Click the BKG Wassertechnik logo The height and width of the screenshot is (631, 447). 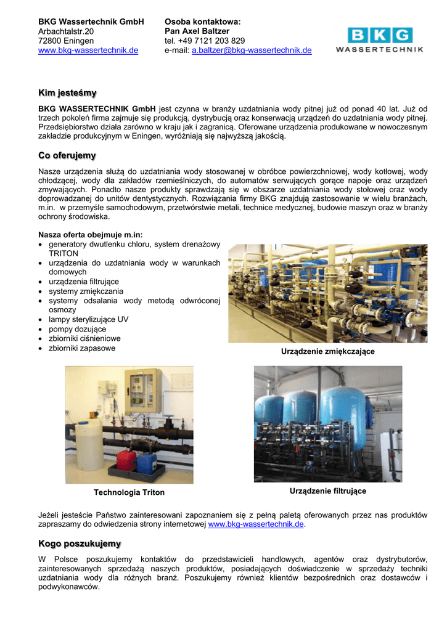pyautogui.click(x=379, y=40)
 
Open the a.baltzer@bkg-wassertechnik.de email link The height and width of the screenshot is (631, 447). pyautogui.click(x=252, y=51)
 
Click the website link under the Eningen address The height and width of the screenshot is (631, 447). pyautogui.click(x=88, y=51)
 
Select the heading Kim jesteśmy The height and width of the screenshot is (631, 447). pyautogui.click(x=67, y=93)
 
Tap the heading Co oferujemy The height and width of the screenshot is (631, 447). pyautogui.click(x=67, y=155)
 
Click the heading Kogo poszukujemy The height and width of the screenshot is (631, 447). pyautogui.click(x=80, y=543)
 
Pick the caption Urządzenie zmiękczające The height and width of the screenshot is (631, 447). pyautogui.click(x=328, y=351)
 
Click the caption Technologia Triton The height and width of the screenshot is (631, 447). pyautogui.click(x=129, y=492)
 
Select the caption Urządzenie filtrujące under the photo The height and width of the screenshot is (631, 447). pyautogui.click(x=328, y=491)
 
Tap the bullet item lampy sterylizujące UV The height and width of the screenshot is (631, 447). pyautogui.click(x=89, y=319)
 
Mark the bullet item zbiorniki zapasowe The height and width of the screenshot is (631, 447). pyautogui.click(x=82, y=348)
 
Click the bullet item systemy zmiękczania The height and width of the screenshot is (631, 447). pyautogui.click(x=86, y=291)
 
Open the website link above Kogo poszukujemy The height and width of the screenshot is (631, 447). pyautogui.click(x=256, y=524)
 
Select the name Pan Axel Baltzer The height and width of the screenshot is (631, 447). pyautogui.click(x=197, y=31)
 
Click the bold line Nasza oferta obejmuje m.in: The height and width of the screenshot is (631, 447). pyautogui.click(x=90, y=235)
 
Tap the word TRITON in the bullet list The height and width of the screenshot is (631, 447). pyautogui.click(x=64, y=253)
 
